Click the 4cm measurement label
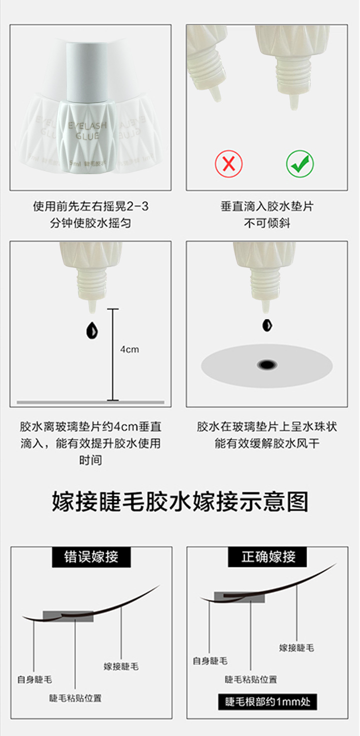coord(129,349)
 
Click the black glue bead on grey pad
coord(267,364)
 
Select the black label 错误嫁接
coord(91,557)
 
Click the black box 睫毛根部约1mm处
coord(267,702)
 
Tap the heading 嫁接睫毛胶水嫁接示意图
coord(180,502)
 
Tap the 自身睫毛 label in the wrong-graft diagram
coord(34,679)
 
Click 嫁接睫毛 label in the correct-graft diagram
coord(296,647)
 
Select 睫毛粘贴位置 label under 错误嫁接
coord(75,697)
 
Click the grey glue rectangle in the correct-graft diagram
coord(239,597)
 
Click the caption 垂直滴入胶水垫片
coord(267,206)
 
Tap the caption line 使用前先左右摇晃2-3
coord(90,206)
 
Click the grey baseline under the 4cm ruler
coord(90,402)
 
